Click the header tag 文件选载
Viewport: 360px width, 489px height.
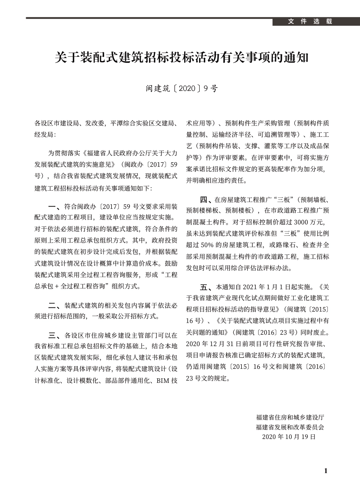tap(310, 22)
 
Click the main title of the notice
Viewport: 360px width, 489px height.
tap(182, 58)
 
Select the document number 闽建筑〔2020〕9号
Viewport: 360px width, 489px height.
tap(182, 89)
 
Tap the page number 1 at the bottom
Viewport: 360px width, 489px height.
tap(326, 471)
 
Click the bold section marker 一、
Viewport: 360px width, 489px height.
tap(55, 207)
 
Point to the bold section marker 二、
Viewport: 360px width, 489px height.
tap(55, 305)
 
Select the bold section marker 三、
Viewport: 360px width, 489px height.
tap(55, 335)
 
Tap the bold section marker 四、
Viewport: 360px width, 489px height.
tap(206, 199)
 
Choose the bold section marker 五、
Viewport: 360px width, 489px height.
tap(206, 286)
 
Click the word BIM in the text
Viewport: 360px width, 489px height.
tap(163, 381)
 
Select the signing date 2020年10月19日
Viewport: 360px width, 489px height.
tap(289, 437)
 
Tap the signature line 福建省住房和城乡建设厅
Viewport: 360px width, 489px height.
tap(290, 417)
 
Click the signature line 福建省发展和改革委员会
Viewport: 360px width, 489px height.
tap(290, 427)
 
